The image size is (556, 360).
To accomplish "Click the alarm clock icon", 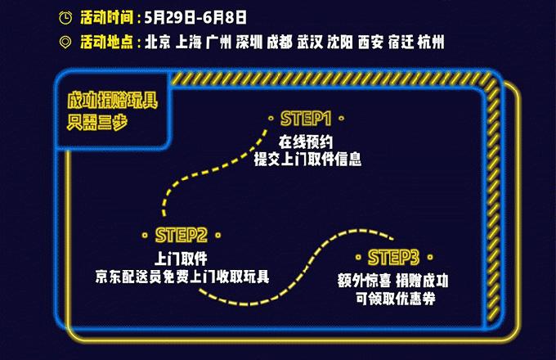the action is (65, 17).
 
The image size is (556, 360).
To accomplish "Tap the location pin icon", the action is (65, 43).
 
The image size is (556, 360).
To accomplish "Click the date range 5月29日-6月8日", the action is (195, 17).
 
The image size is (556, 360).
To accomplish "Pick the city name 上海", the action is (188, 42).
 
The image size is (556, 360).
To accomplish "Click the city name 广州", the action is (219, 42).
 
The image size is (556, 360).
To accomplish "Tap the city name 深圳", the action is (249, 42).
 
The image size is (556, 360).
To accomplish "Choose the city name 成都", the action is (280, 42).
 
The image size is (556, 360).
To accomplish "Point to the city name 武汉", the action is (310, 42).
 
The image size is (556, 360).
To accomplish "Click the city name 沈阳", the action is (340, 42).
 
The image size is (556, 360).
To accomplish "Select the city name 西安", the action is (370, 42).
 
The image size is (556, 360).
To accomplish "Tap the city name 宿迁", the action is (401, 42).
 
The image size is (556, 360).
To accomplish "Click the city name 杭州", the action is (431, 42).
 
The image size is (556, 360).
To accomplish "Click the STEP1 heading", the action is (306, 119).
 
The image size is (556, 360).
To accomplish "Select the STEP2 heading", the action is (181, 235).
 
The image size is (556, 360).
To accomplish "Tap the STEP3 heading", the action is (393, 257).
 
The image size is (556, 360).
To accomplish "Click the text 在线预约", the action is (306, 142).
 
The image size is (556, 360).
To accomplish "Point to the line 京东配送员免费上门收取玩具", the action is (182, 277).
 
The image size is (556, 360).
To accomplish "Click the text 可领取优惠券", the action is (396, 299).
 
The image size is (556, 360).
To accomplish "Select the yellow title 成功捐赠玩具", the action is (113, 101).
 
